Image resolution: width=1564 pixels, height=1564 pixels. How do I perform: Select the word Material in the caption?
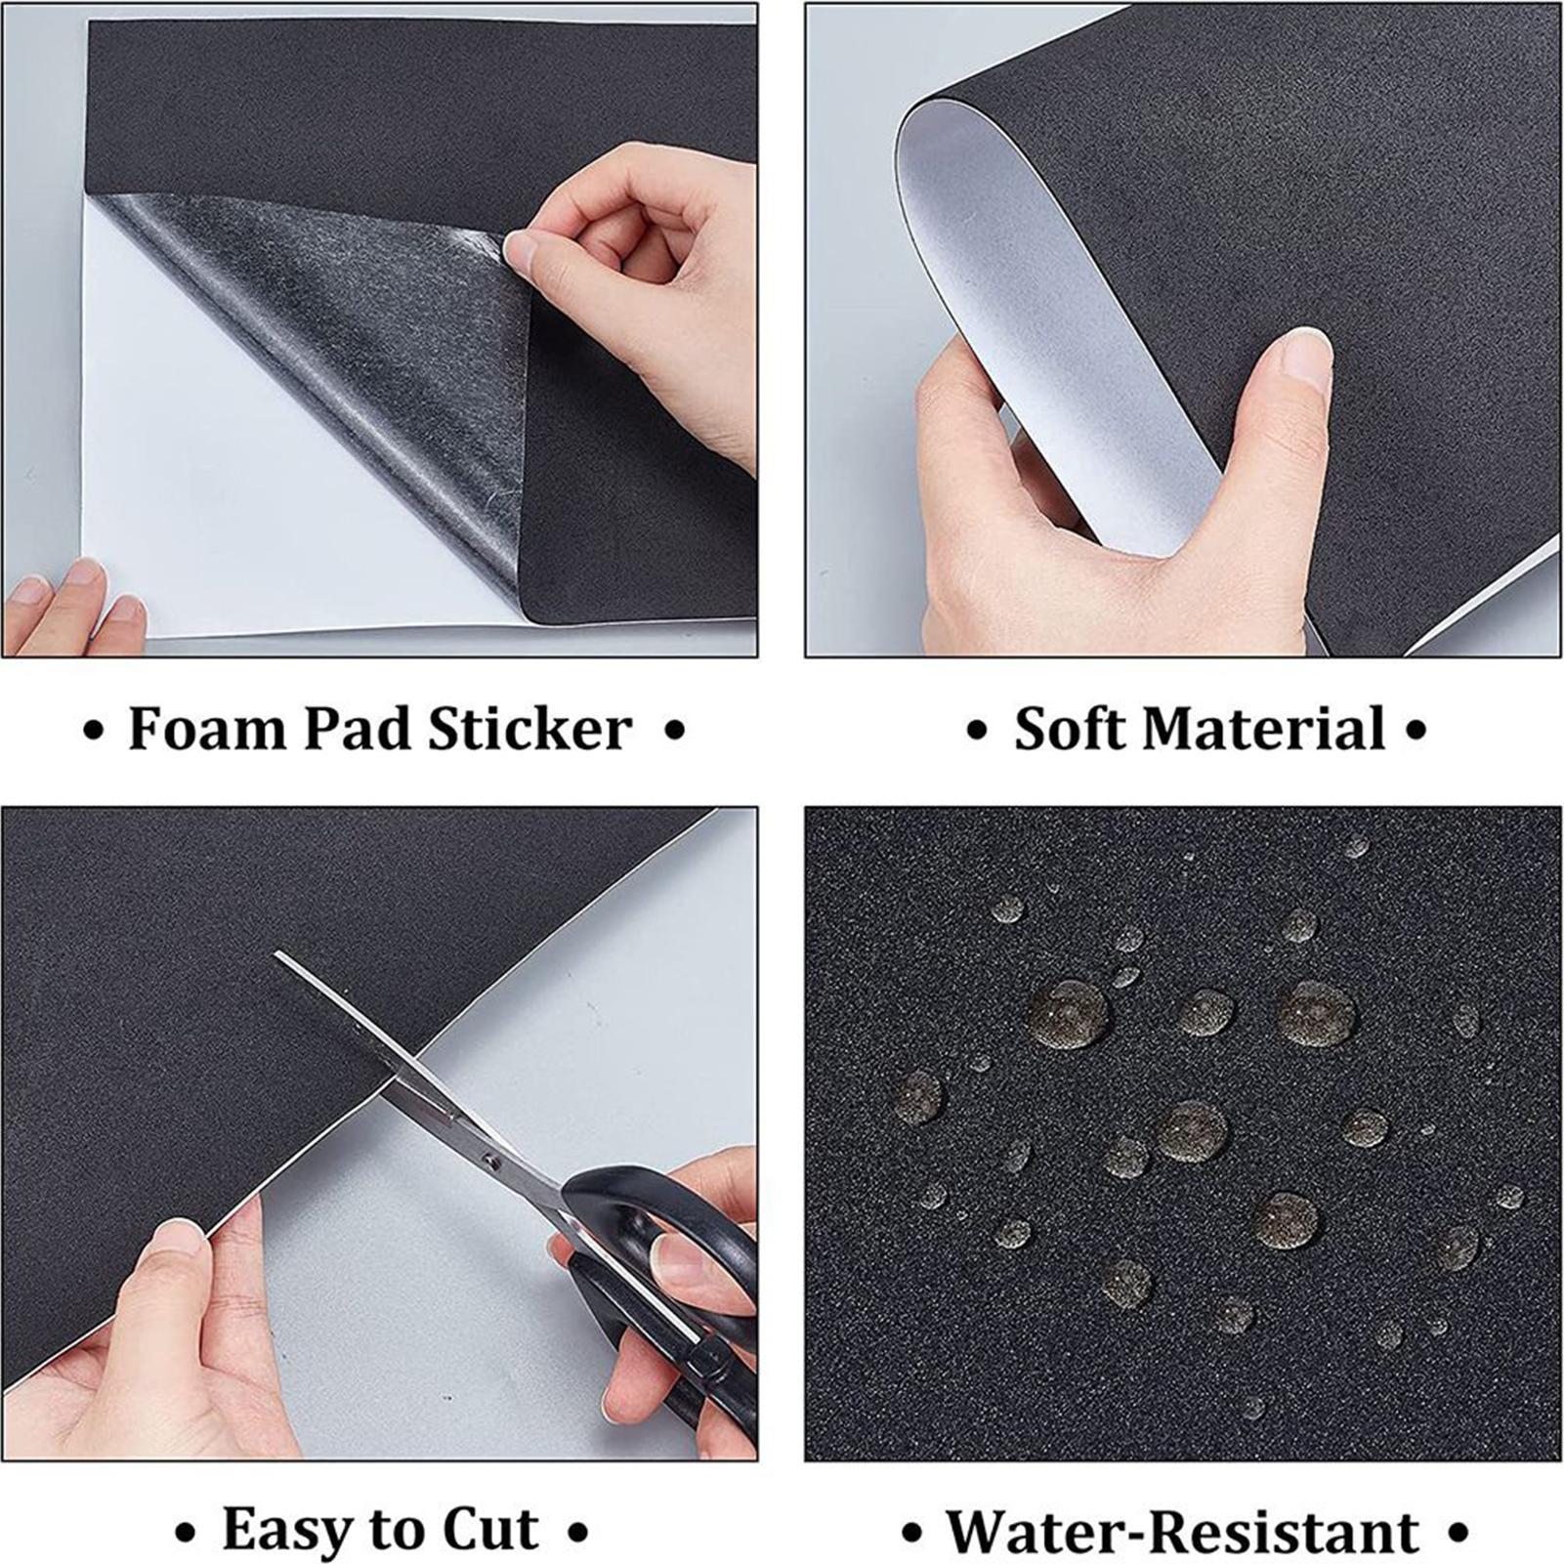[x=1265, y=729]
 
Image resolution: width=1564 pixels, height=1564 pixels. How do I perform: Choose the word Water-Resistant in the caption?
[x=1183, y=1531]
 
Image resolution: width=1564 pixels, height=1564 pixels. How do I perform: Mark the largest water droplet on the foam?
[x=1067, y=1014]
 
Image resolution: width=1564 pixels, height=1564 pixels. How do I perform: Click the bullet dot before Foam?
[x=93, y=732]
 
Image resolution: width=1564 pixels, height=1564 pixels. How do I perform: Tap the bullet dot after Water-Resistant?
[x=1458, y=1533]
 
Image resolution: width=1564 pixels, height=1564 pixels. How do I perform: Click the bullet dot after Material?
[x=1416, y=732]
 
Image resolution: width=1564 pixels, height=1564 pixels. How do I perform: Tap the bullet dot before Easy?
[x=185, y=1533]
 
